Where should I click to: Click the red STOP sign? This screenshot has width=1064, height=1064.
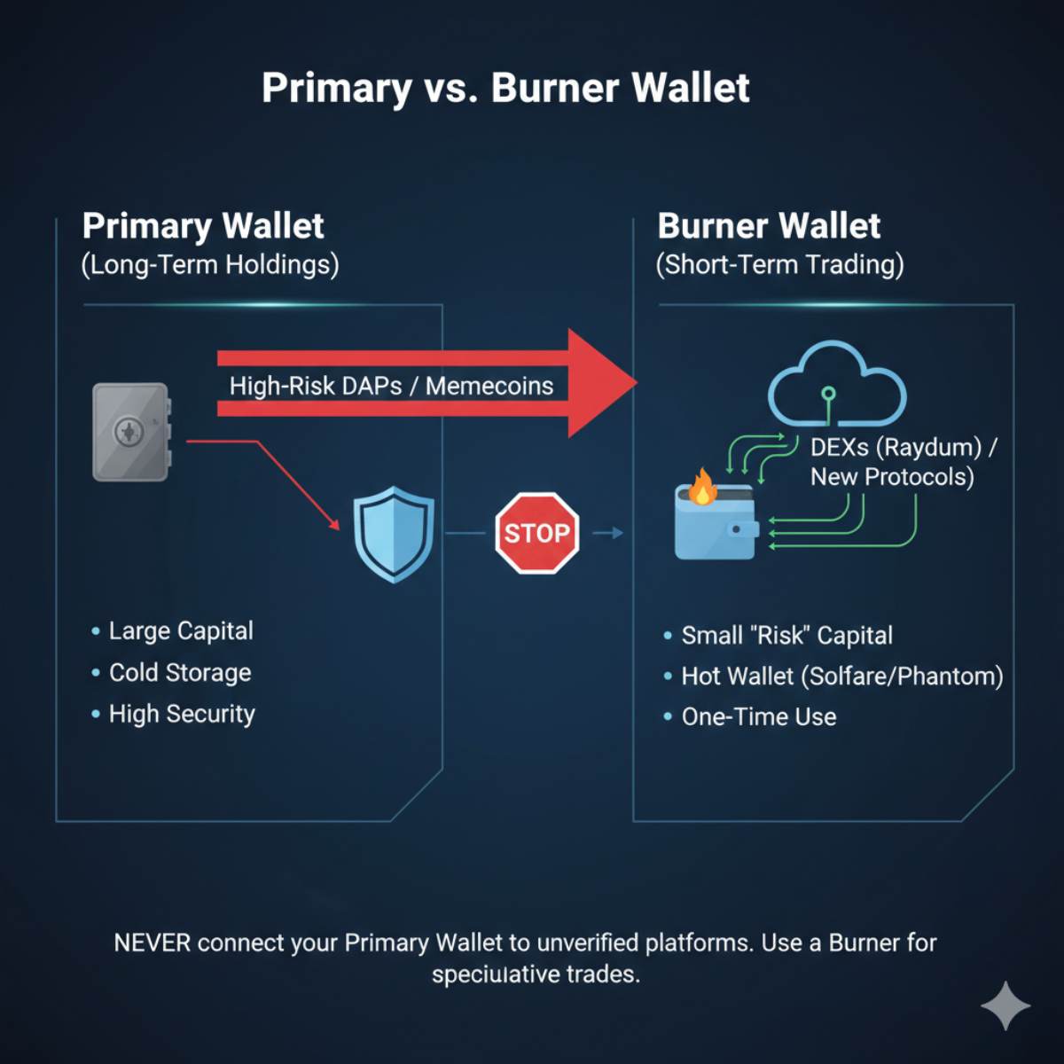[x=537, y=533]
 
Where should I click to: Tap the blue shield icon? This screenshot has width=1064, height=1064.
[x=394, y=534]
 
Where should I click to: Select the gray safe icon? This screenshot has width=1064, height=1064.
[x=131, y=432]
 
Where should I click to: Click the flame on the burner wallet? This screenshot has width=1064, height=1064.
[x=701, y=487]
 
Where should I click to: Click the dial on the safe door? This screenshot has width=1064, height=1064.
[x=129, y=432]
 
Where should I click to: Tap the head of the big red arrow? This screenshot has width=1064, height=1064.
[x=603, y=383]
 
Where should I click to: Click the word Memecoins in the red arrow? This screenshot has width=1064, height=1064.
[x=489, y=386]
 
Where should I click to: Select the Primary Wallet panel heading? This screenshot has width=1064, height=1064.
[x=203, y=226]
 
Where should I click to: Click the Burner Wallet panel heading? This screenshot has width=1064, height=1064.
[x=769, y=226]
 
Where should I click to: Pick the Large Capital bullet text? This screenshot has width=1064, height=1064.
[x=181, y=631]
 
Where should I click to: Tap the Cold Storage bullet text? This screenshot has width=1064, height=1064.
[x=180, y=672]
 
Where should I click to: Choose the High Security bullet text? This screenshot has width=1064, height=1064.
[x=182, y=715]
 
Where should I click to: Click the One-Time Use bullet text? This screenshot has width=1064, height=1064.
[x=759, y=716]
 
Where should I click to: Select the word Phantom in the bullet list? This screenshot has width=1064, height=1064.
[x=946, y=676]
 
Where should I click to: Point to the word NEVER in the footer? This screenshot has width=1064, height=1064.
[x=153, y=943]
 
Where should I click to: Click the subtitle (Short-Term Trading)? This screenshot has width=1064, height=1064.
[x=779, y=264]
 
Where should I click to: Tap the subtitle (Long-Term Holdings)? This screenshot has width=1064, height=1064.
[x=210, y=264]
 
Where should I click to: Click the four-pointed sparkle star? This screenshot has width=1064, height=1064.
[x=1005, y=1005]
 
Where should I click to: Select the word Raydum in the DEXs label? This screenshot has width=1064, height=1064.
[x=928, y=448]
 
